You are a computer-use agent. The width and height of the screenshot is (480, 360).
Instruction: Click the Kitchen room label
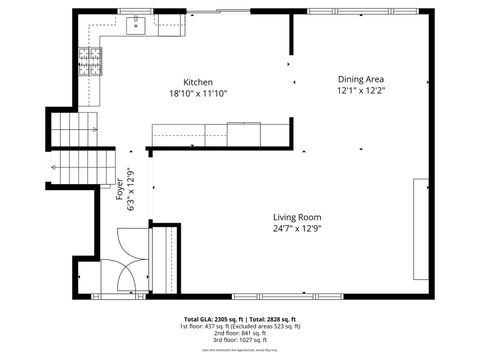[x=197, y=82]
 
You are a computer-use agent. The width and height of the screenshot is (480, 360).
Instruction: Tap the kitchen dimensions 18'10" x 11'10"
[x=197, y=93]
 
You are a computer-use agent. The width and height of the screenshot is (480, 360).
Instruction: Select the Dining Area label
[x=360, y=79]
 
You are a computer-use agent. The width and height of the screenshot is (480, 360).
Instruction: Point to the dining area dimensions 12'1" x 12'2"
[x=360, y=90]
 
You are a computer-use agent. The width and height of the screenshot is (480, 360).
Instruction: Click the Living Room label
[x=297, y=217]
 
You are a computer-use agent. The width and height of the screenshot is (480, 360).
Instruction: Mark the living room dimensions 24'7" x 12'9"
[x=297, y=228]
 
